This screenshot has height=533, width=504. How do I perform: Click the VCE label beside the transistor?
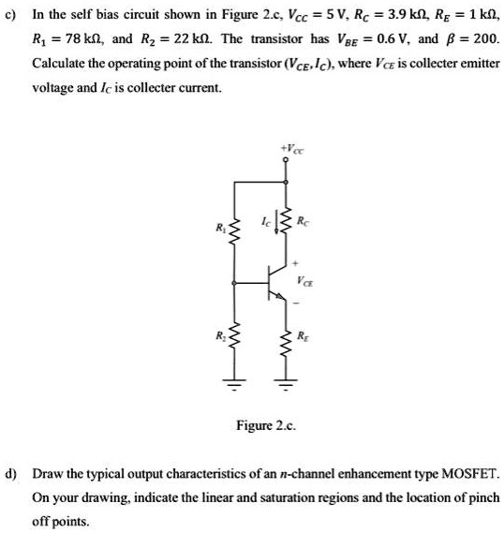pos(306,278)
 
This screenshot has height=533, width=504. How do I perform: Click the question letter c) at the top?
pos(12,16)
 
